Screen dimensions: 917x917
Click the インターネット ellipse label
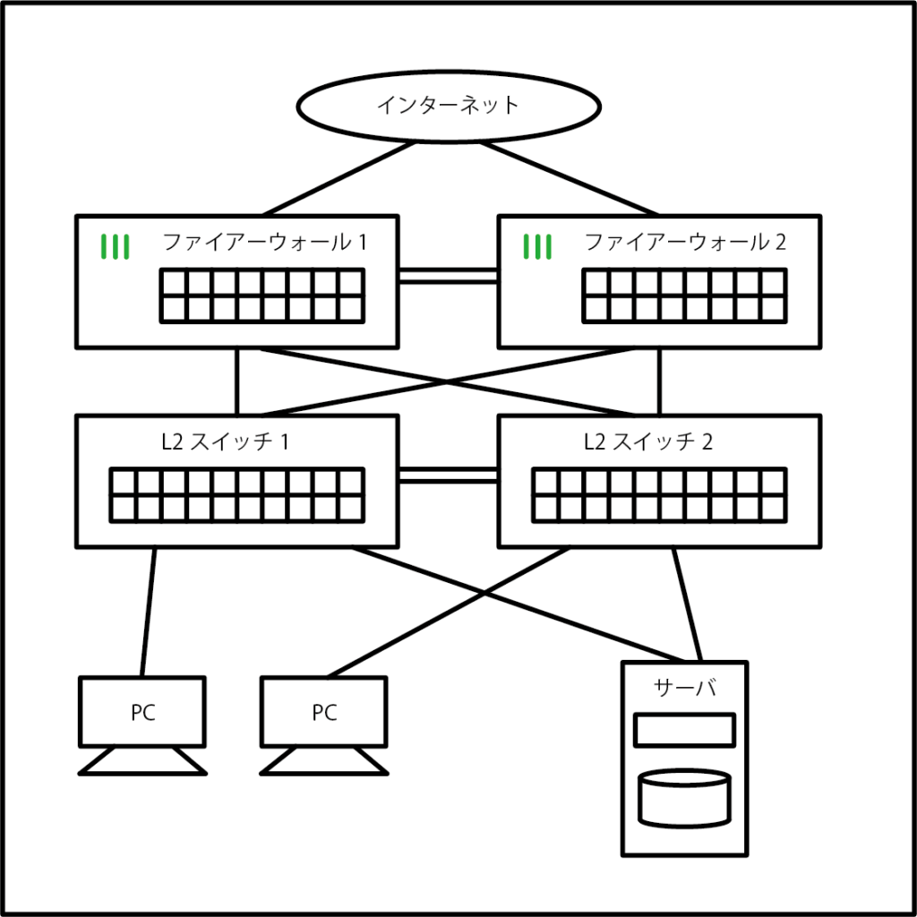pyautogui.click(x=448, y=106)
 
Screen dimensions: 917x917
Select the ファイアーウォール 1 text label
pyautogui.click(x=264, y=242)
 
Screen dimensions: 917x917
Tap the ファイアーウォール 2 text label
pyautogui.click(x=686, y=242)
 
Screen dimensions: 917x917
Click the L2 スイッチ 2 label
pyautogui.click(x=647, y=441)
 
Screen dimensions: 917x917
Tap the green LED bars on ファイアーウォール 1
pyautogui.click(x=116, y=246)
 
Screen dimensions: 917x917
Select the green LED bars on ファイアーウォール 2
pyautogui.click(x=537, y=246)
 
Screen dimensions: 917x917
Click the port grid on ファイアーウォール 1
pyautogui.click(x=262, y=296)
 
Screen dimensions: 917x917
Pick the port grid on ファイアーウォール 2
pyautogui.click(x=684, y=296)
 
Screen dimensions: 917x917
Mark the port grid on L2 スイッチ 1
pyautogui.click(x=237, y=494)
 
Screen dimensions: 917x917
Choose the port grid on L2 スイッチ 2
pyautogui.click(x=659, y=494)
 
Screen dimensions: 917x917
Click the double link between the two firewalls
pyautogui.click(x=448, y=276)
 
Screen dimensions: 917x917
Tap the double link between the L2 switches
pyautogui.click(x=448, y=475)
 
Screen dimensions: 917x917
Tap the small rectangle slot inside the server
pyautogui.click(x=685, y=730)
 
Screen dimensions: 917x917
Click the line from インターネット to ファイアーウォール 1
pyautogui.click(x=340, y=178)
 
